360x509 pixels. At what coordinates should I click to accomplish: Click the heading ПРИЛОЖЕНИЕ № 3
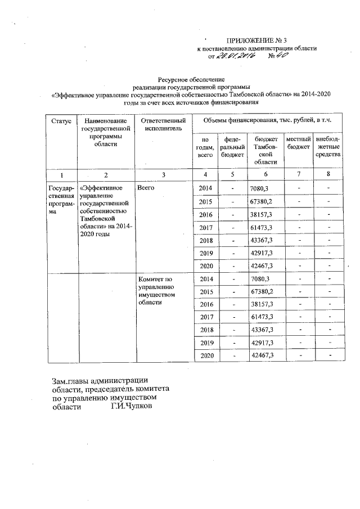256,40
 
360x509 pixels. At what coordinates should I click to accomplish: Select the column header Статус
60,121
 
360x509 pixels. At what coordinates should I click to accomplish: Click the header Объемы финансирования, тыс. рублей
267,121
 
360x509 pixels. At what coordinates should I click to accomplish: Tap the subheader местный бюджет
298,142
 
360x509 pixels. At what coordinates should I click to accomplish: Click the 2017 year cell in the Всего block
205,227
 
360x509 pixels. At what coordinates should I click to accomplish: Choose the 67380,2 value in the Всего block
261,201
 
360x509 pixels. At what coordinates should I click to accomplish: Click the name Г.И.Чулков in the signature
131,406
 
